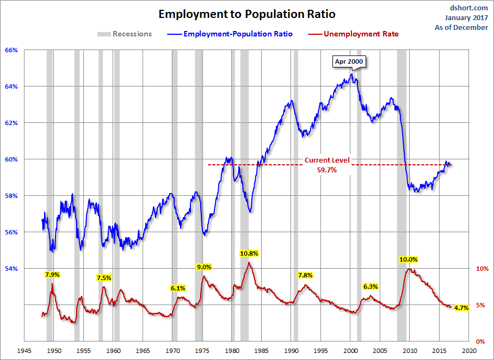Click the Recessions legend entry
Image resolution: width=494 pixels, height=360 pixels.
point(125,34)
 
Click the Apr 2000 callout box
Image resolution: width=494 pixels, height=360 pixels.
point(349,61)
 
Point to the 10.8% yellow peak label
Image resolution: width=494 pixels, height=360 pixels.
point(249,253)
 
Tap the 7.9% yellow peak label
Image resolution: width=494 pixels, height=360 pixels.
point(52,274)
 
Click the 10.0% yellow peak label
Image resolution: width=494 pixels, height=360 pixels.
point(408,260)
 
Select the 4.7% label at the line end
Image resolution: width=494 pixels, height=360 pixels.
point(461,308)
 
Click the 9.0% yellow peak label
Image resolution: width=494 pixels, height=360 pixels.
point(203,266)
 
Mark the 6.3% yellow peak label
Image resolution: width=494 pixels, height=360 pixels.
point(370,287)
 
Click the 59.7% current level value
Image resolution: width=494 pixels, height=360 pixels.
point(327,170)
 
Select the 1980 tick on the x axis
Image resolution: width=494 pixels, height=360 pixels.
point(232,351)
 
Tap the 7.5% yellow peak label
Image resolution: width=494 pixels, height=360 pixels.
point(104,278)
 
